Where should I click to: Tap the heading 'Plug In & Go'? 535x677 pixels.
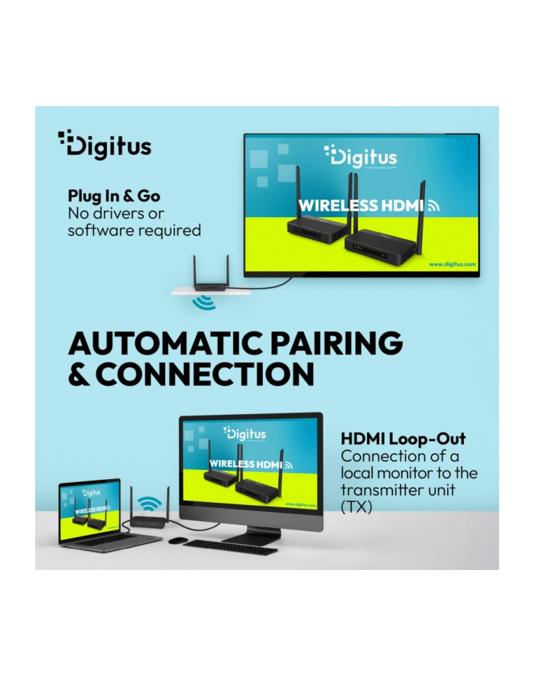coord(114,196)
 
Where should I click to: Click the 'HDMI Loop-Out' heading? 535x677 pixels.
coord(403,439)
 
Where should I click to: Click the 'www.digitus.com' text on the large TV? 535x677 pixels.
coord(452,264)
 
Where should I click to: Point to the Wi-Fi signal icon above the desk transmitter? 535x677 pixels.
coord(150,504)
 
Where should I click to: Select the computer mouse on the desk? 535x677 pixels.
coord(176,540)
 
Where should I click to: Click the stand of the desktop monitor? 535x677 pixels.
coord(251,536)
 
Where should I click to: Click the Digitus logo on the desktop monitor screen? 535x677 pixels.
coord(245,434)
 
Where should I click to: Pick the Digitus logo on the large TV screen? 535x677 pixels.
coord(361,157)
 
